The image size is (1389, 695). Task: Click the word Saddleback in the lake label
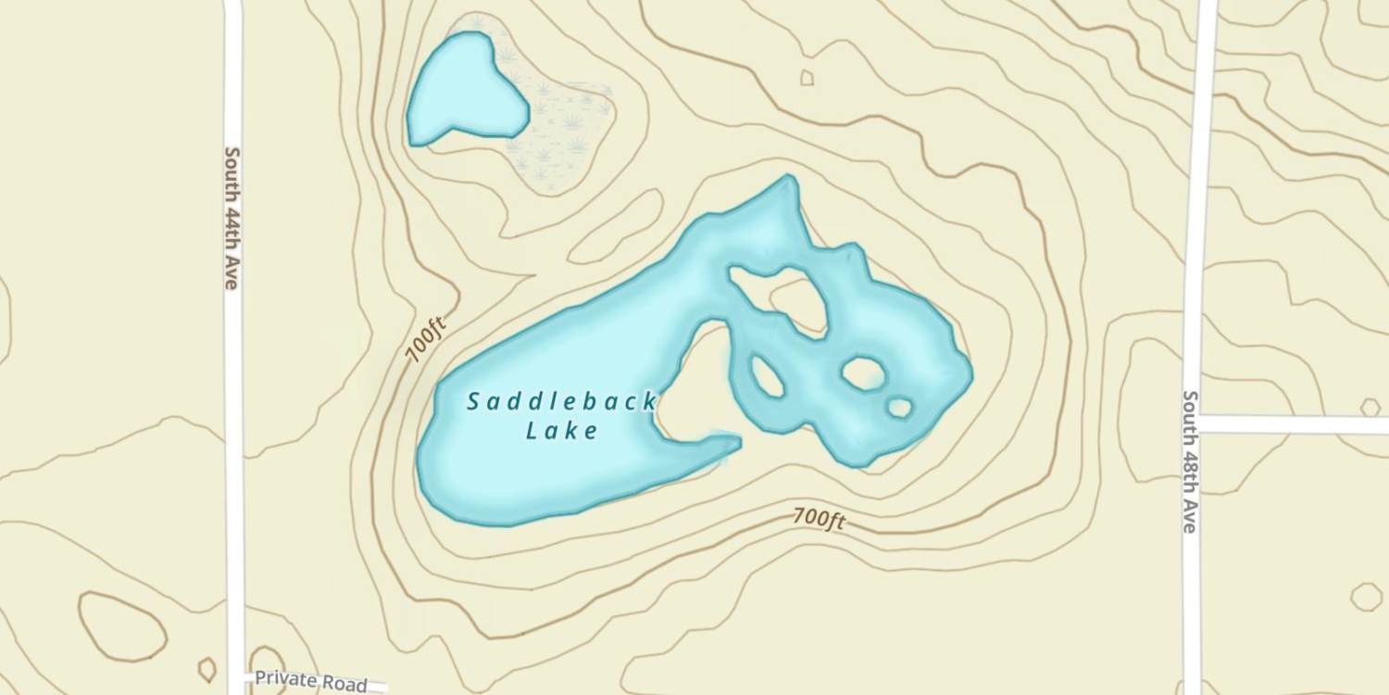coord(561,402)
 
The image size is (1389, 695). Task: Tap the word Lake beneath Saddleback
coord(561,431)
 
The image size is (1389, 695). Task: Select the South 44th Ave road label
coord(231,218)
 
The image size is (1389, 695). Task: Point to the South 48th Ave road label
coord(1191,461)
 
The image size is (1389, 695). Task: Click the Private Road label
coord(310,681)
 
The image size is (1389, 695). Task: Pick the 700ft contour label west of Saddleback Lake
coord(427,339)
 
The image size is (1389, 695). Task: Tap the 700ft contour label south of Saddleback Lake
coord(819,520)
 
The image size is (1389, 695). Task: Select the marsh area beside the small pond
coord(565,130)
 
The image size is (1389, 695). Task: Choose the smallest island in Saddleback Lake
coord(899,407)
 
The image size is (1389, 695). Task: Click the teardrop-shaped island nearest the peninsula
coord(767,376)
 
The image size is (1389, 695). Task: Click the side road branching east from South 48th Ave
coord(1296,424)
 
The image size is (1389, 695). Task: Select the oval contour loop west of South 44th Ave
coord(122,626)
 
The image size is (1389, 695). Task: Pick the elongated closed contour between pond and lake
coord(616,227)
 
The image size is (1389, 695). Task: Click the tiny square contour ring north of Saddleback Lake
coord(807,78)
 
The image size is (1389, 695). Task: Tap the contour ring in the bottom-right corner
coord(1366,596)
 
